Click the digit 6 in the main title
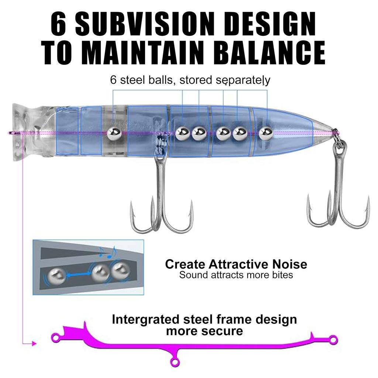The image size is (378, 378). pos(59,24)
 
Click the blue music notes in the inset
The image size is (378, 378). pos(108,252)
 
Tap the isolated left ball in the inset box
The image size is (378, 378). pos(56,275)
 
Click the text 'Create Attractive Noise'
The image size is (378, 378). pos(236,264)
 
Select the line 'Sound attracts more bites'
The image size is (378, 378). pos(236,275)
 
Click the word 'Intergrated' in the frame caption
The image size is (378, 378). pos(145,320)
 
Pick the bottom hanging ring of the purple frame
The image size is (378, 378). pos(175,362)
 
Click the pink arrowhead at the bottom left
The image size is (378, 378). pos(34,344)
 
